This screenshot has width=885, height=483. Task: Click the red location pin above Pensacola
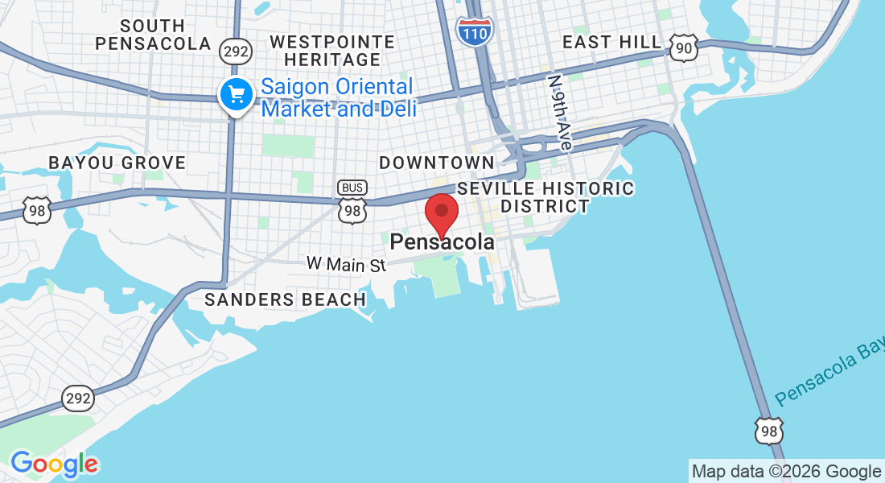click(441, 213)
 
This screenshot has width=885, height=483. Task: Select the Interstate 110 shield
click(475, 30)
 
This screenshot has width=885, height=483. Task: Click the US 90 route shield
click(684, 49)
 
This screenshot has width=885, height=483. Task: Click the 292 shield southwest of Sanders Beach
click(79, 398)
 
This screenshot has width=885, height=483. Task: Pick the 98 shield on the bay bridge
click(768, 431)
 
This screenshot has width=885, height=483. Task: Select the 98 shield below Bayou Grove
click(37, 210)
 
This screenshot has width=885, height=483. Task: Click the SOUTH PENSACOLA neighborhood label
click(153, 35)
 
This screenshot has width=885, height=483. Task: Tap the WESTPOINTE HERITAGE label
click(332, 51)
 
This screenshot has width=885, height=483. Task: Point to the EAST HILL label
click(612, 42)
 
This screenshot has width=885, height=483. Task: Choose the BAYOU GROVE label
click(117, 163)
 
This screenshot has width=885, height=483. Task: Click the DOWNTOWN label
click(437, 163)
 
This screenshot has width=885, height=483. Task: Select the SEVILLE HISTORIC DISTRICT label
click(545, 197)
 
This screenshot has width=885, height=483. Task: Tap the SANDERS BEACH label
click(286, 299)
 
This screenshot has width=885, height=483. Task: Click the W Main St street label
click(347, 263)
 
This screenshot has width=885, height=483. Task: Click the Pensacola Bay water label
click(829, 376)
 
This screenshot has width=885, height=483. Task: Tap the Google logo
click(55, 464)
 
